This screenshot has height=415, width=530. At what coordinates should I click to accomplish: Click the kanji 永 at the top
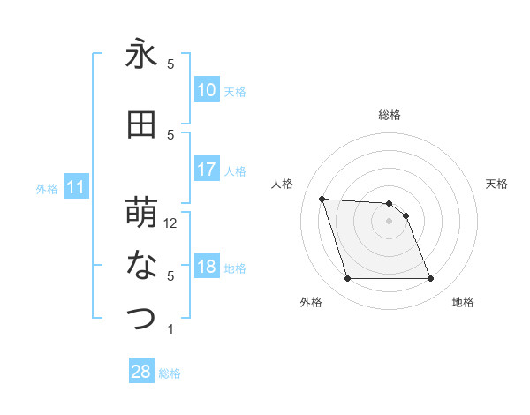coord(141,56)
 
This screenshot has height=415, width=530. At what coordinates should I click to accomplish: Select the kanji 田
coord(141,125)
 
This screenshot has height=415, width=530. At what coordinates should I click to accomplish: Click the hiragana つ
coord(141,319)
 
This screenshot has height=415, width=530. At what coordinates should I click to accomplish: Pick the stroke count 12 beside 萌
coord(171,223)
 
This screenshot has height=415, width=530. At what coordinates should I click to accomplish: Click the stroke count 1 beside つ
coord(170,329)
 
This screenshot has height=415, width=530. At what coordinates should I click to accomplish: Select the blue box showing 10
coord(206,90)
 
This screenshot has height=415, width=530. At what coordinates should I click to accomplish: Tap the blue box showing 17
coord(206,170)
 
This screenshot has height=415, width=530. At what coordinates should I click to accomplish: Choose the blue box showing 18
coord(206,268)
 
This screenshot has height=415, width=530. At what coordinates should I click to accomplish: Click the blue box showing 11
coord(77,187)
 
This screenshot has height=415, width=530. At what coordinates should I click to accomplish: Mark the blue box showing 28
coord(140,372)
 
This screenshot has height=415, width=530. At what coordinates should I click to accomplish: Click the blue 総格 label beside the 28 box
coord(170,373)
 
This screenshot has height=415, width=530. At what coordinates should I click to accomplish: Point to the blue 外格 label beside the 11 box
coord(47,188)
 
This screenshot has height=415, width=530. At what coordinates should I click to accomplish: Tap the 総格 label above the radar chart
coord(390,115)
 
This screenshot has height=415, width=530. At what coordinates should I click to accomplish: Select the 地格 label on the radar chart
coord(463,302)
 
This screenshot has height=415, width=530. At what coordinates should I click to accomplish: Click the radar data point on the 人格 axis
coord(322,199)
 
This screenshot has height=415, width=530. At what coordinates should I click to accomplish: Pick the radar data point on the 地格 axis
coord(430,279)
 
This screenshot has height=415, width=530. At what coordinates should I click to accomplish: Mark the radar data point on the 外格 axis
coord(347,279)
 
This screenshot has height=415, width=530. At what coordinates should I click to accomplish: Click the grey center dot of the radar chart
coord(389,221)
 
